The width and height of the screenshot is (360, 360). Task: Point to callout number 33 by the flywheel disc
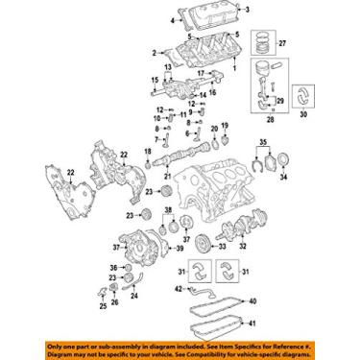[223, 247]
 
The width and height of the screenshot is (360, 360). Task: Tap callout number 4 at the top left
[175, 18]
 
